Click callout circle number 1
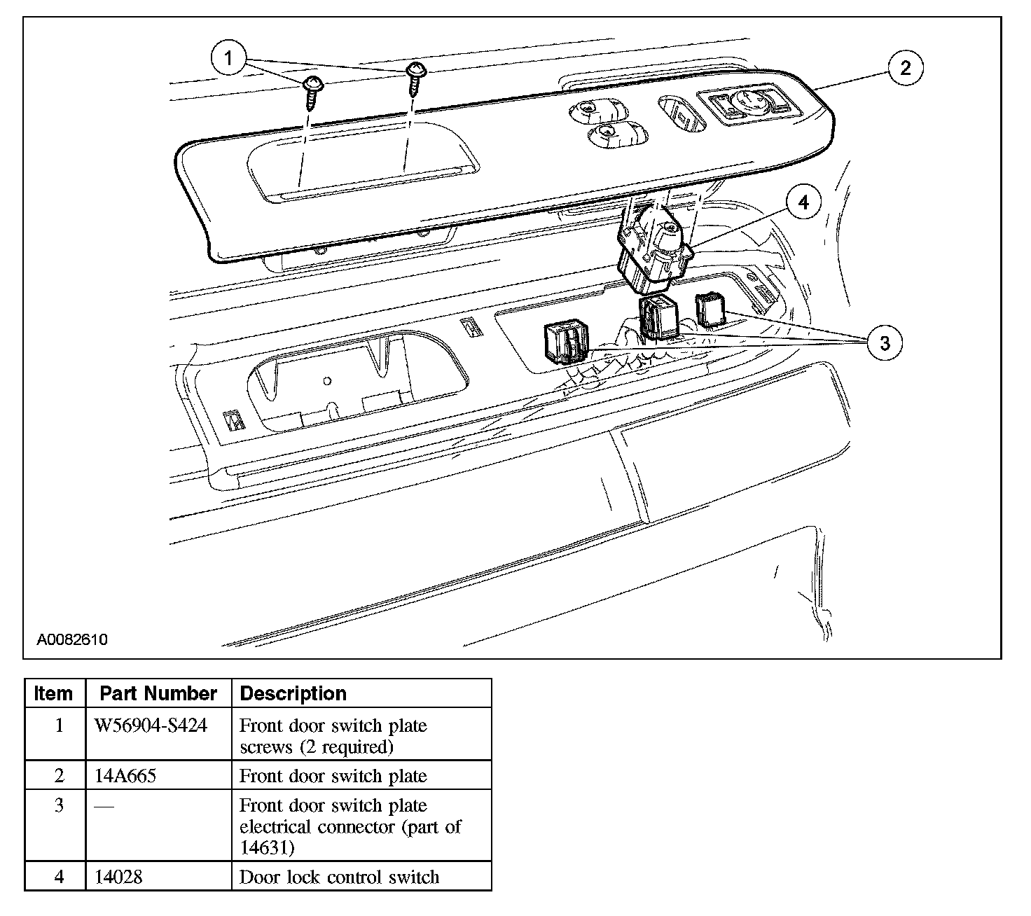tap(228, 58)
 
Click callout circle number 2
tap(905, 68)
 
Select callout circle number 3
tap(885, 343)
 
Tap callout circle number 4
tap(803, 202)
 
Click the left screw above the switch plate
tap(311, 91)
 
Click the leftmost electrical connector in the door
tap(566, 344)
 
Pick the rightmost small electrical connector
tap(710, 310)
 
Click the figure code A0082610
tap(73, 639)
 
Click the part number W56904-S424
tap(151, 726)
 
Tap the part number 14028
tap(118, 877)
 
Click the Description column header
tap(293, 693)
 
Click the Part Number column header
tap(158, 693)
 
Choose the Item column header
tap(54, 693)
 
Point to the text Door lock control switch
tap(339, 877)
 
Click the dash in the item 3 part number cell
tap(104, 807)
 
